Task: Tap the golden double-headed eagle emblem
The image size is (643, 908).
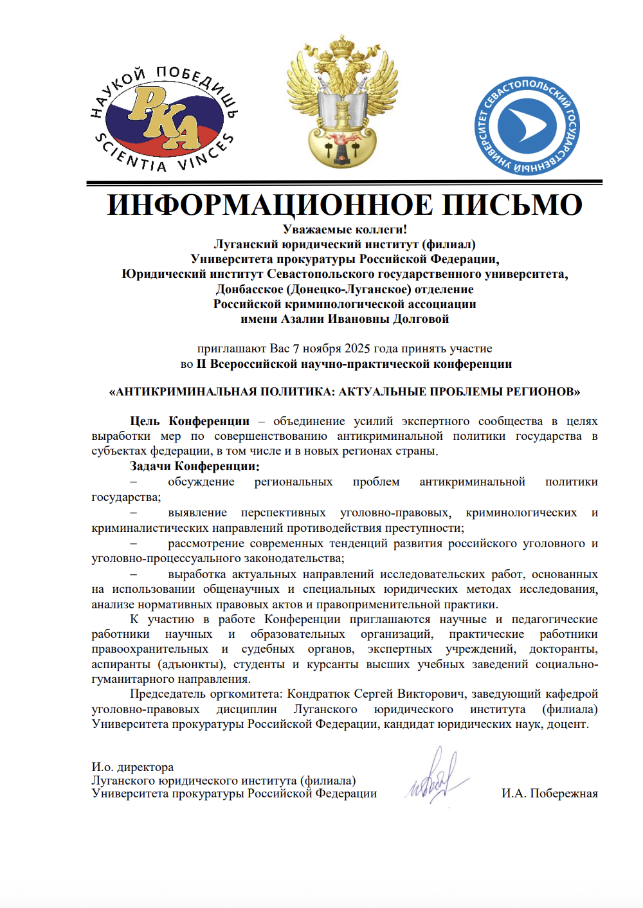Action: [342, 103]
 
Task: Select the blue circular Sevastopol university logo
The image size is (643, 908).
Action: [527, 126]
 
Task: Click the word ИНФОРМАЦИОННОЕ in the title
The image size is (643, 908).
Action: [269, 204]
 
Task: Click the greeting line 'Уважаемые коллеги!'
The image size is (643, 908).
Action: [345, 230]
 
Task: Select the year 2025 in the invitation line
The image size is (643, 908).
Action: [357, 349]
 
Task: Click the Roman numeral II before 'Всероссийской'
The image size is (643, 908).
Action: [201, 364]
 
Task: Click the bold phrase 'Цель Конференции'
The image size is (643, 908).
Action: [190, 421]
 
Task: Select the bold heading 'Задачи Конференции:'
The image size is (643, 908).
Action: [195, 466]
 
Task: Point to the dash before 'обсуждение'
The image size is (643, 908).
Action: [133, 482]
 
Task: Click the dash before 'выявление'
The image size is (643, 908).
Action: [133, 513]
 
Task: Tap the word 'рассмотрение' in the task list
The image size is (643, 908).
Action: [208, 543]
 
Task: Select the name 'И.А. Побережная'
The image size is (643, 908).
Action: [549, 794]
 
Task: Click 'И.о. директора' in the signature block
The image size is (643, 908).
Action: [132, 767]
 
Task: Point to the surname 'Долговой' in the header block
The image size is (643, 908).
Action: [421, 319]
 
